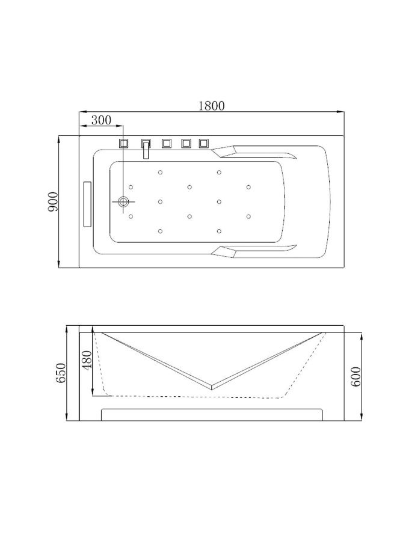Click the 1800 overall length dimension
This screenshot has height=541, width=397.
(x=211, y=105)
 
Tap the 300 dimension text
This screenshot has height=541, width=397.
(x=101, y=120)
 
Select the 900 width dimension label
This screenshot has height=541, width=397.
(x=54, y=201)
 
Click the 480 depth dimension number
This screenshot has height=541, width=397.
(x=88, y=361)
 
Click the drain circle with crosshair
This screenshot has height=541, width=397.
(x=125, y=202)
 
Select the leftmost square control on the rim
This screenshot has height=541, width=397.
(x=125, y=143)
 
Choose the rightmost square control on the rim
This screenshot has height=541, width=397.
(x=204, y=143)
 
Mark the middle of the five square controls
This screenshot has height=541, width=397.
(x=166, y=143)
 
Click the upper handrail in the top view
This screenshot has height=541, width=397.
(x=259, y=152)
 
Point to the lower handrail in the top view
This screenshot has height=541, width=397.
(x=259, y=252)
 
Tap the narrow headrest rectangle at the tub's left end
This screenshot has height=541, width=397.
(x=86, y=203)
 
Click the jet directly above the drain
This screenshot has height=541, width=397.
(x=131, y=187)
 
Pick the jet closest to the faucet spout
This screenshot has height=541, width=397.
(x=160, y=173)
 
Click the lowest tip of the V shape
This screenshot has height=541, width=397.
(x=212, y=386)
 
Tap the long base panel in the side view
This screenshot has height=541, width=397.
(x=211, y=415)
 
